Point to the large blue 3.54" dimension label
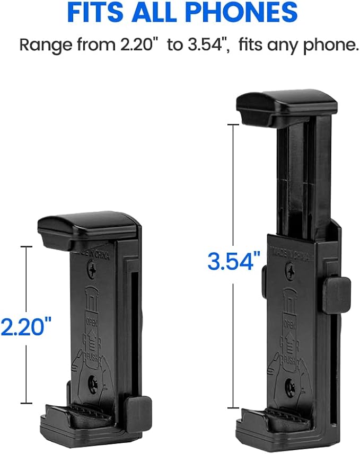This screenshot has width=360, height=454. [234, 261]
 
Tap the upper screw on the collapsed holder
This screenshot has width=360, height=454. [93, 271]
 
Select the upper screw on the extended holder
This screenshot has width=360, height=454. [290, 272]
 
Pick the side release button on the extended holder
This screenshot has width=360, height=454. [336, 294]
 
